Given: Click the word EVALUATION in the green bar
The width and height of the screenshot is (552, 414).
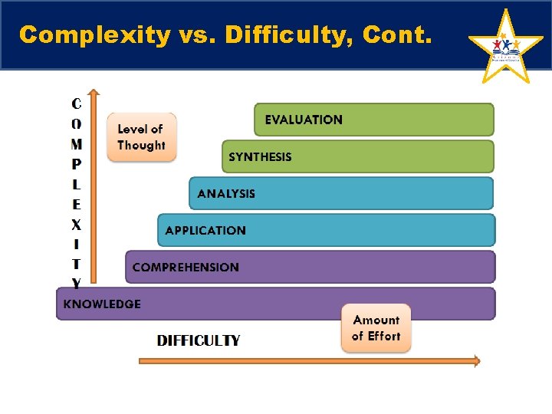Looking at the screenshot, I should pos(304,120).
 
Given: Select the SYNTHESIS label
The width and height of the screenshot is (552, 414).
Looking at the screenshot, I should pos(260,157).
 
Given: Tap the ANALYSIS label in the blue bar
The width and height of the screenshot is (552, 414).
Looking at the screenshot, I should pos(226,194).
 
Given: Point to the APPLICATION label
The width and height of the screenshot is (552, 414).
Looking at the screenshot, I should pos(205,231).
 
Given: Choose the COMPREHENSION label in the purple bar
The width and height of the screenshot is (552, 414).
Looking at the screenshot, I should pos(186,268).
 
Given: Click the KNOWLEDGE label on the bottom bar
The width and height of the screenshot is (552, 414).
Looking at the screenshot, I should pos(102,304).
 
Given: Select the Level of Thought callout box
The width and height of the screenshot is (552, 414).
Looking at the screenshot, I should pos(141,137).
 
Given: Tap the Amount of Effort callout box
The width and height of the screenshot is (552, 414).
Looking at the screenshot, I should pos(376,328).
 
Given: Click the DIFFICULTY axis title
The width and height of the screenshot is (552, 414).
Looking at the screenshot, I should pos(199,340).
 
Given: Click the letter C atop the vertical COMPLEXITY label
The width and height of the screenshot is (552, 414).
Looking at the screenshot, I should pos(77,103).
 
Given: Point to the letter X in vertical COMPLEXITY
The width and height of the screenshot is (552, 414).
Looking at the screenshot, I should pos(77,225).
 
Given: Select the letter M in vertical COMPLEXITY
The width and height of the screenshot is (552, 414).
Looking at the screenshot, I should pos(77,143).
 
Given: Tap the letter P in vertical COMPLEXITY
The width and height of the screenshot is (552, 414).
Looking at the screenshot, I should pos(77,164).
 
